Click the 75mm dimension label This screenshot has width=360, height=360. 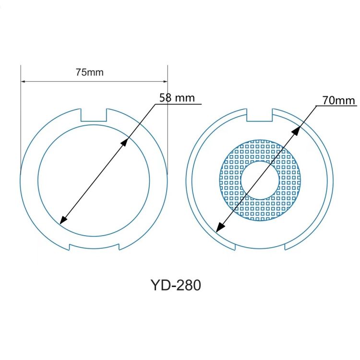(90, 72)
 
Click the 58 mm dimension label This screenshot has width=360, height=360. (177, 97)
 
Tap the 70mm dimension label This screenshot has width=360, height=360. (339, 100)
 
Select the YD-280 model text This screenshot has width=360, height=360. (175, 285)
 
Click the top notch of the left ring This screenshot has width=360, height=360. (94, 115)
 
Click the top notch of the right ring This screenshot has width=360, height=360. (260, 115)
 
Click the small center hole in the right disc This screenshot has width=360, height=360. (260, 180)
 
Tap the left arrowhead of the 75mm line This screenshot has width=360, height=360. (23, 81)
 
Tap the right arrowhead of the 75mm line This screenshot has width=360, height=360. (165, 81)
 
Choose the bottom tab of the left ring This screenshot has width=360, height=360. (94, 247)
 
